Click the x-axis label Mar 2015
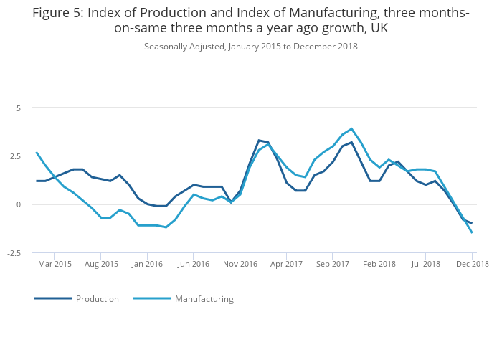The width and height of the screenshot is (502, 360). pos(55,264)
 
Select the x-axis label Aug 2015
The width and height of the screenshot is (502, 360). pos(101,264)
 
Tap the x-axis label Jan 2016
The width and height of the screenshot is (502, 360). pos(147,264)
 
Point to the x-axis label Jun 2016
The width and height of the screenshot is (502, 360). pos(194,264)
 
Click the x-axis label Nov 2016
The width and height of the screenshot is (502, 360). pos(240,264)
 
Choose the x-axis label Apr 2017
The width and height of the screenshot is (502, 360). pos(286,264)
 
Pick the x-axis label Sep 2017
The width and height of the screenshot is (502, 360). pos(333,264)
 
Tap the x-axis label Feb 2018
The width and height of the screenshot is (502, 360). pos(379,264)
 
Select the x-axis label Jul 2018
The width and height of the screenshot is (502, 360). pos(425,264)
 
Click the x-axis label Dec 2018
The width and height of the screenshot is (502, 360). pos(472,264)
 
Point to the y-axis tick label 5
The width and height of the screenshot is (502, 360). pos(19,108)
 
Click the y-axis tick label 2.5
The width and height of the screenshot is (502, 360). pos(16,156)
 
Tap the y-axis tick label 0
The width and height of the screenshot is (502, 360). pos(19,204)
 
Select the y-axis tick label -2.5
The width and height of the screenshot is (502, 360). pos(15,253)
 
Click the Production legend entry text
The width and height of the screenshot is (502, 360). pos(98,299)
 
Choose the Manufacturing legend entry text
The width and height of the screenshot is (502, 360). pos(204,299)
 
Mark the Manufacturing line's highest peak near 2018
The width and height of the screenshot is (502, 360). pos(351,129)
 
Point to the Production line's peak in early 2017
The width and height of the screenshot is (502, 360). pos(259,141)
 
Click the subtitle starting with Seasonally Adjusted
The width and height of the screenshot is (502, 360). pos(251,47)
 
